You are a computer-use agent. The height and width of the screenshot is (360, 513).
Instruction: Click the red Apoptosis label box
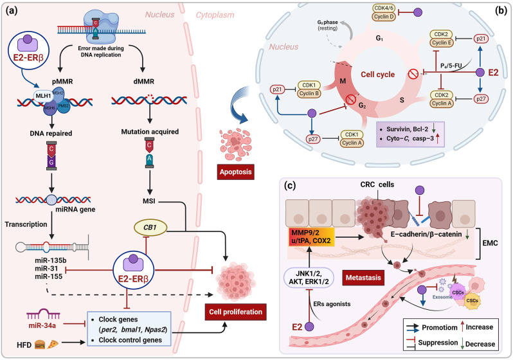point(235,172)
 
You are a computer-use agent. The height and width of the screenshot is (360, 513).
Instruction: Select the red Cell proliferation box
point(235,312)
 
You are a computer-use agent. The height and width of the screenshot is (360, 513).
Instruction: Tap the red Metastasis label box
point(363,278)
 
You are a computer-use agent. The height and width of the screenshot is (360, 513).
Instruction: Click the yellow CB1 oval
point(150,228)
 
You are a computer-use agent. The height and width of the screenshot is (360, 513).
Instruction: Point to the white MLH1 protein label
point(42,96)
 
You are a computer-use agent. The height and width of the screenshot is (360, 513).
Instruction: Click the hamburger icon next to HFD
point(40,345)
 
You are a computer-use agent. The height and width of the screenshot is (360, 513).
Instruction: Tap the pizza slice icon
point(53,345)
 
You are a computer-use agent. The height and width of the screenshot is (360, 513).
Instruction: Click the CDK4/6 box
point(384,8)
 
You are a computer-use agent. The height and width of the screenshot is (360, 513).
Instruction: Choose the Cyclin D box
point(384,16)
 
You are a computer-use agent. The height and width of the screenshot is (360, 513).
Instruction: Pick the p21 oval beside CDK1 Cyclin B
point(278,89)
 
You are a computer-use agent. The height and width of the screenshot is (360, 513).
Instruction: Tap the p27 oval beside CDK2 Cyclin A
point(481,99)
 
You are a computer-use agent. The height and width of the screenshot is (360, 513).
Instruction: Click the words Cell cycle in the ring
point(378,75)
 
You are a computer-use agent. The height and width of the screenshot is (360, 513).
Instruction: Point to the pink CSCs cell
point(458,292)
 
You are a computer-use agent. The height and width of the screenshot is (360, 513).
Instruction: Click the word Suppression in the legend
point(438,343)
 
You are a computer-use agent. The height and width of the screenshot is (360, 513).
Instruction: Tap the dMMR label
point(143,82)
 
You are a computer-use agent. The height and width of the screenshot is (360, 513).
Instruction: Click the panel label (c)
point(289,186)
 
